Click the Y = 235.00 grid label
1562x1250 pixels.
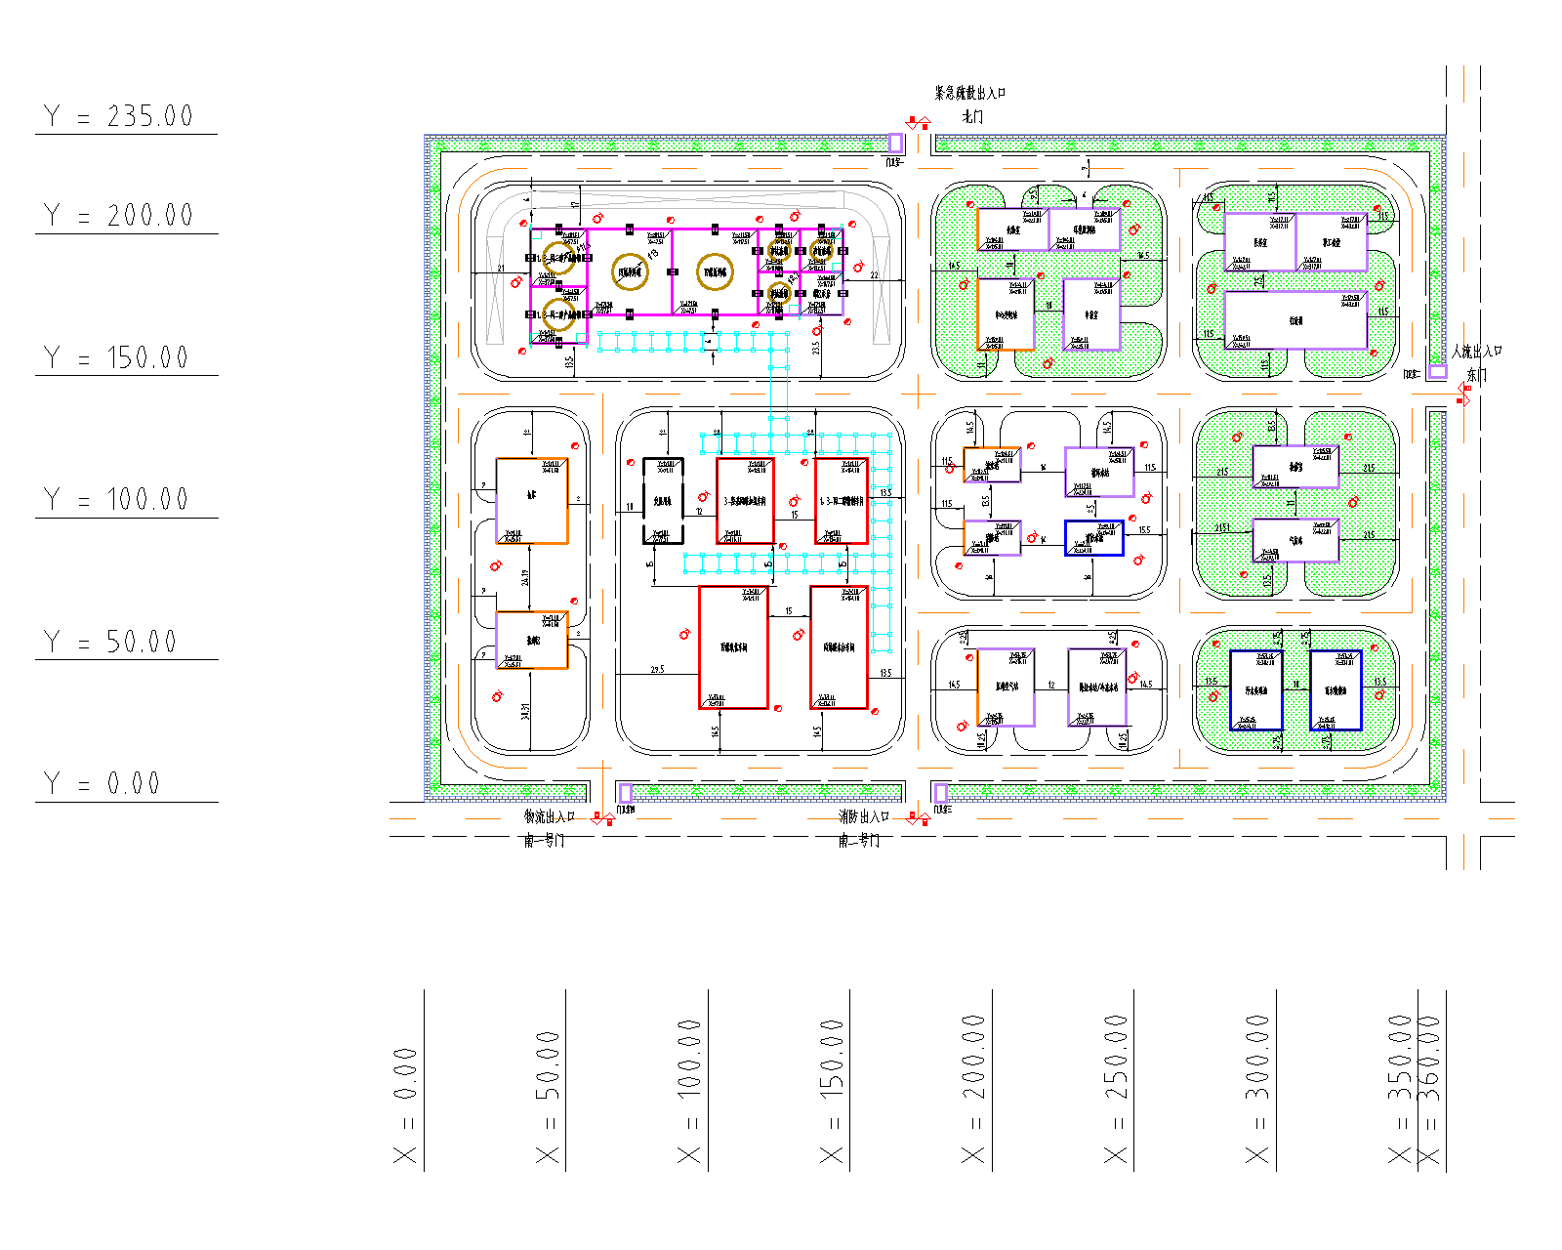click(119, 116)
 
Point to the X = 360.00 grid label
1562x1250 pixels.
click(1429, 1089)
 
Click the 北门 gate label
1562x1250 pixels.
click(972, 117)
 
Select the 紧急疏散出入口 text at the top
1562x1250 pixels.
click(969, 93)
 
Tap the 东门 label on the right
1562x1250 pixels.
click(1476, 375)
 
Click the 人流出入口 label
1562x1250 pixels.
click(1476, 352)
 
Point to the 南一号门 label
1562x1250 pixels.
click(544, 840)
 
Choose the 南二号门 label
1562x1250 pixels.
click(859, 840)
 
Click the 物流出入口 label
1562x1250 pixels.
click(550, 816)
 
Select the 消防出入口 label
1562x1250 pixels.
click(864, 816)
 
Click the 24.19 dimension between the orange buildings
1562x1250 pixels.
click(525, 577)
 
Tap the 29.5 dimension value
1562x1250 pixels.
click(657, 670)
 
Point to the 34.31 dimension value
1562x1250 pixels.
click(525, 711)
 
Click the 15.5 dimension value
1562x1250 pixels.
click(1144, 530)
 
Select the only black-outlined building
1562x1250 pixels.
click(663, 500)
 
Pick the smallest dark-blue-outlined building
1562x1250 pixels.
click(1093, 538)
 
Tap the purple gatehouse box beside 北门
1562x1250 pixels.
click(895, 143)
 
